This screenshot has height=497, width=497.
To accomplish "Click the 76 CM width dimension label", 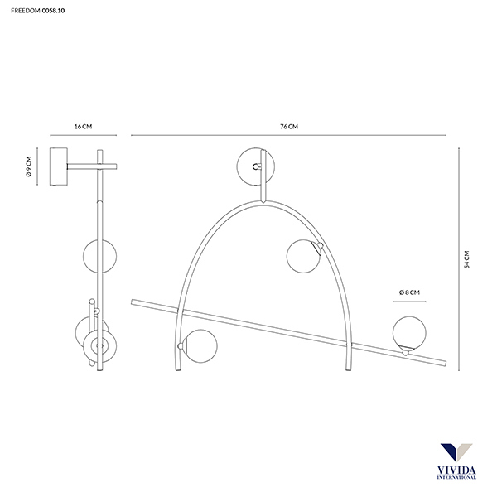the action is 289,127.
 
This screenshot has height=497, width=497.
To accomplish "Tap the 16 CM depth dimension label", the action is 83,127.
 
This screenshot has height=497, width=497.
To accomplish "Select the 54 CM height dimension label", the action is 466,259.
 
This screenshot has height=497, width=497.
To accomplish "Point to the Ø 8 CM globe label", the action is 409,292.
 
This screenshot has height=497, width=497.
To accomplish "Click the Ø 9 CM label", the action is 29,166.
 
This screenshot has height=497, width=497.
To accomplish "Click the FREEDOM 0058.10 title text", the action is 38,11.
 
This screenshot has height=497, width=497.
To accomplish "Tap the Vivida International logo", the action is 456,461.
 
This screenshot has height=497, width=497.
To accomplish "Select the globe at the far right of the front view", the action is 409,332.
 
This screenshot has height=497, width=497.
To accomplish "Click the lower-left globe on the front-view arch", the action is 200,346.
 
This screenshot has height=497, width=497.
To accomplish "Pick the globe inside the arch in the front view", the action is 303,256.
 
